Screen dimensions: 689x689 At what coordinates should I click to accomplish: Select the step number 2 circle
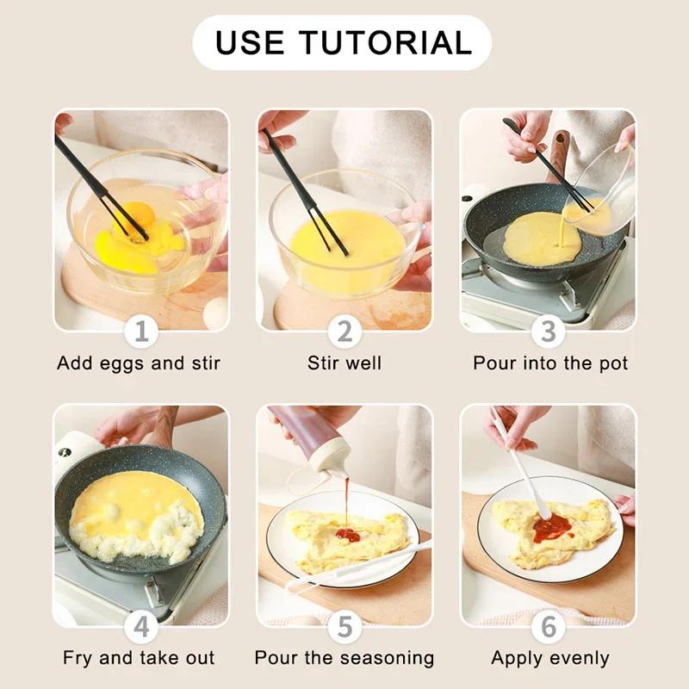point(344,332)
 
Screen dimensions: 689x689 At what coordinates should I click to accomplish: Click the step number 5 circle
point(344,627)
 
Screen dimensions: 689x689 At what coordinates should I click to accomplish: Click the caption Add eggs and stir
point(139,363)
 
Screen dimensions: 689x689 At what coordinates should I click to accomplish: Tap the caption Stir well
point(344,363)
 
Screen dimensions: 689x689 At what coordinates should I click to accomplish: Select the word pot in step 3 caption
point(611,363)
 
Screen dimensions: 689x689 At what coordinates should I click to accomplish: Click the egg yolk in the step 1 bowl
point(138,215)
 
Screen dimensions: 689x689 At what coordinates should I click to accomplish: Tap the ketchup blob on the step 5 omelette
point(348,535)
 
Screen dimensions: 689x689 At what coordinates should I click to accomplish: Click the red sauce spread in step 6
point(551,526)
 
